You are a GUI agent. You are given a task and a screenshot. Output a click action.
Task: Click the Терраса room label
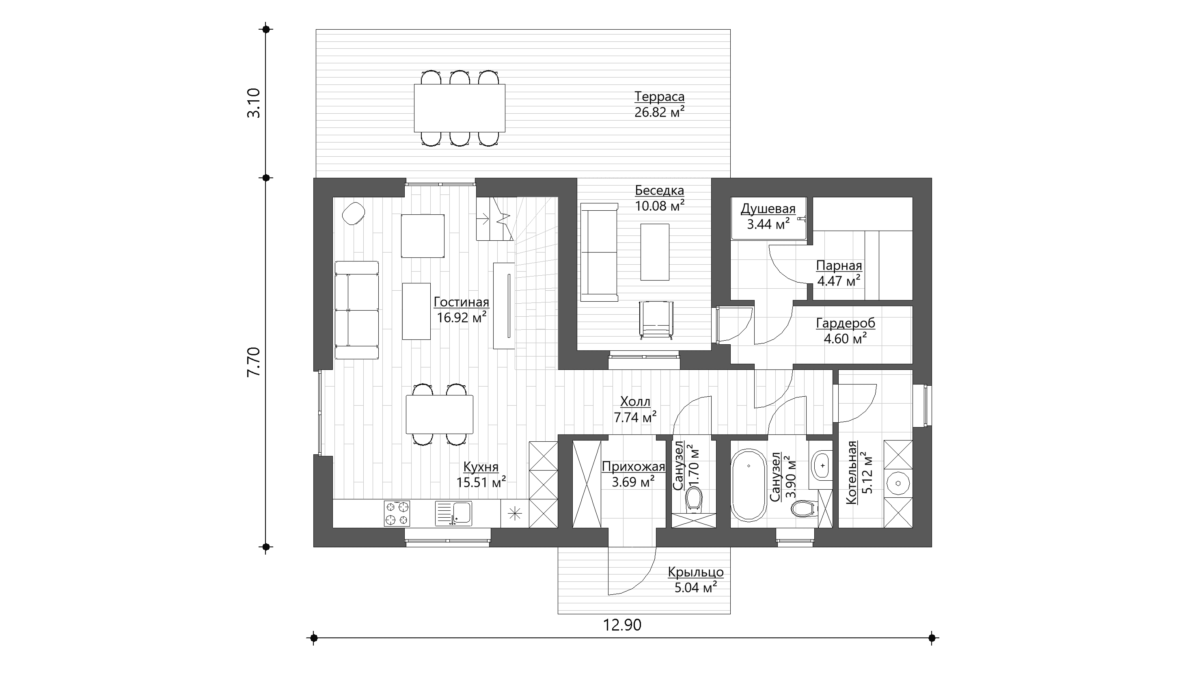(659, 97)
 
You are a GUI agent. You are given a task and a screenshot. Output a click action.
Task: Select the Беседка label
(659, 190)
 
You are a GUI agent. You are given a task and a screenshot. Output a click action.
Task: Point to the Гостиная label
(462, 302)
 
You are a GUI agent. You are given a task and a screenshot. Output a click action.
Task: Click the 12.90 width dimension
(622, 625)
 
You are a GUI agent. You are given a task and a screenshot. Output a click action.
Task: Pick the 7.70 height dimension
(254, 362)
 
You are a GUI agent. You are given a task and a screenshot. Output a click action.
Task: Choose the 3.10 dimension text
(254, 103)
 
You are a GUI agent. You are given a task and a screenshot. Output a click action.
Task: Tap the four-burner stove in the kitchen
(397, 513)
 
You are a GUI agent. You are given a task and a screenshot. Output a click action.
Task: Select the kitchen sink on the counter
(453, 514)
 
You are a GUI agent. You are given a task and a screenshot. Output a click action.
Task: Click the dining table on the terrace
(460, 108)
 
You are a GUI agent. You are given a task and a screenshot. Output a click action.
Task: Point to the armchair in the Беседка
(656, 320)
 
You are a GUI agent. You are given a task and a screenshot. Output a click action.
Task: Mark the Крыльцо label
(696, 572)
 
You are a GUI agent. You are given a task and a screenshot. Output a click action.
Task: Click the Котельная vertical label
(852, 473)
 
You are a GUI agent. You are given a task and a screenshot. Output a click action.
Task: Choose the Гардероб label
(846, 323)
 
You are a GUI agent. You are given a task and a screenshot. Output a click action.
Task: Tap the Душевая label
(768, 209)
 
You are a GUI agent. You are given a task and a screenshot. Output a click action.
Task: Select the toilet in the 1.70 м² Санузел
(694, 499)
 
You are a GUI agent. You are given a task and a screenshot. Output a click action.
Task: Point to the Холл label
(635, 402)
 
